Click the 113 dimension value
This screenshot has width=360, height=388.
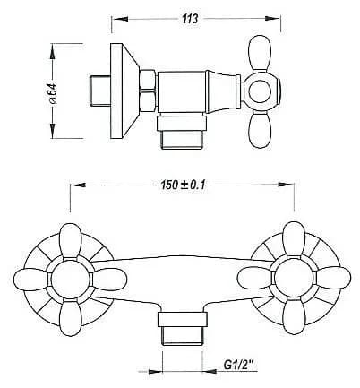(190, 19)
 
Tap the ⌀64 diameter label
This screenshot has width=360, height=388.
(53, 93)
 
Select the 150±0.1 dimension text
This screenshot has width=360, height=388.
(183, 185)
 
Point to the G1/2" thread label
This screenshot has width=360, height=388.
(238, 365)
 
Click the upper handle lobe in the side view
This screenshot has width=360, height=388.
(260, 53)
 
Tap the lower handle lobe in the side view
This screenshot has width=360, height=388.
(260, 129)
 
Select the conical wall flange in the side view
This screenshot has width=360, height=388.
(124, 91)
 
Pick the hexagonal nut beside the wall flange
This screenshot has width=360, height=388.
(148, 91)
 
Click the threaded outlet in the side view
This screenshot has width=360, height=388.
(182, 133)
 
